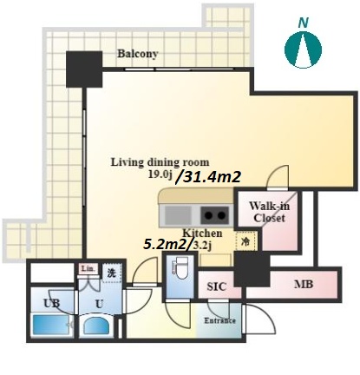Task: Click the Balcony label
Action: pos(138,54)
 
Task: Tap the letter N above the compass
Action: pos(304,23)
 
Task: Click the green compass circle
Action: pos(303,49)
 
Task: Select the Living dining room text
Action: pos(160,162)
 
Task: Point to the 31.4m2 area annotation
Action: pos(208,177)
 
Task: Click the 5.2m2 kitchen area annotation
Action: pos(164,245)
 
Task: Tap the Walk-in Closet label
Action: pos(269,212)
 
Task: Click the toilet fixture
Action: pos(181,268)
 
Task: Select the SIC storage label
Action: pos(216,286)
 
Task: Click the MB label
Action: pos(304,284)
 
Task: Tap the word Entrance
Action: pos(219,320)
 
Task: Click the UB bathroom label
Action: pos(51,303)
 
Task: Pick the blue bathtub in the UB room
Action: pos(50,325)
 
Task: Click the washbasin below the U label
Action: pos(96,326)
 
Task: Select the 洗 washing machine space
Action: pos(112,273)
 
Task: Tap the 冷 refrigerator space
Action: pos(245,240)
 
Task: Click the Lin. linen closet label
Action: pos(88,269)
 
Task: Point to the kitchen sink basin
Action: pos(178,215)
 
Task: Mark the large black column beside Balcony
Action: pos(84,69)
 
